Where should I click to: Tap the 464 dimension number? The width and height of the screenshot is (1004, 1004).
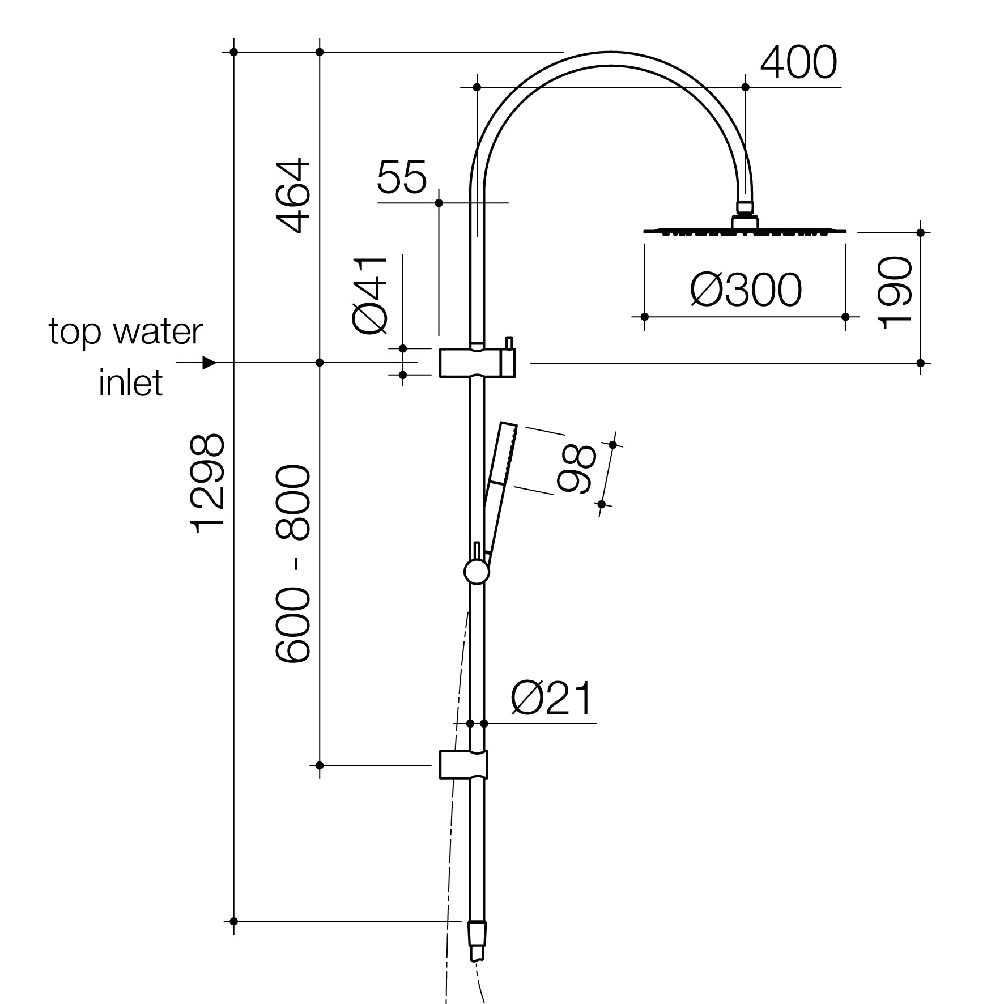(x=293, y=196)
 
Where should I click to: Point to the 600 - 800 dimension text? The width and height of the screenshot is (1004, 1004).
(x=293, y=564)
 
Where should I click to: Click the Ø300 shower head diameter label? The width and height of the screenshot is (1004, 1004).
(x=746, y=290)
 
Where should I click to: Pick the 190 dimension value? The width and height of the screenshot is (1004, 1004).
(x=895, y=292)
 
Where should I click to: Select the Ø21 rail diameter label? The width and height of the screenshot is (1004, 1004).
(x=551, y=699)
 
